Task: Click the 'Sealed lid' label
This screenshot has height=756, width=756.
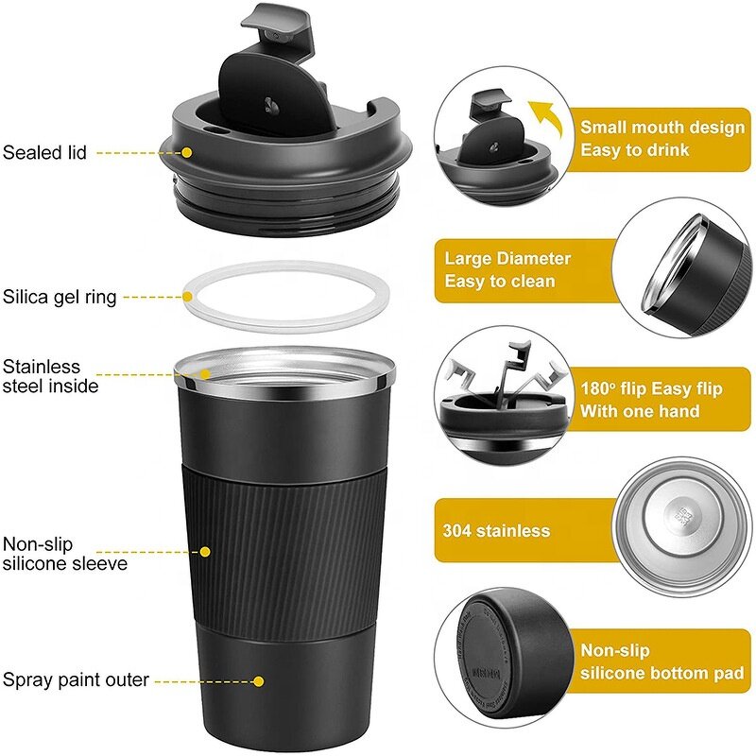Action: (x=44, y=152)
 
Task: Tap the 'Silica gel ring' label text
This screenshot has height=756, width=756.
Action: (x=60, y=298)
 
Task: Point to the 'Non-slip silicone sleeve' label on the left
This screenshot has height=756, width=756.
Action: (x=64, y=554)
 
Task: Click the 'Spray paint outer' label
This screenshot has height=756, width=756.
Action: (x=75, y=679)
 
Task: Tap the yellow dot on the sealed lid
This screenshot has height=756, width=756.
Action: (x=188, y=152)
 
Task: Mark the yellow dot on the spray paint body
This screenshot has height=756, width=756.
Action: (x=259, y=679)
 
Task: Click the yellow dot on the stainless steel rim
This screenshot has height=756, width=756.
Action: (x=206, y=374)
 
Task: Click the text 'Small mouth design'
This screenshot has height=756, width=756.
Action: (x=661, y=128)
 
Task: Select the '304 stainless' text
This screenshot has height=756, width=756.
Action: (x=496, y=531)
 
